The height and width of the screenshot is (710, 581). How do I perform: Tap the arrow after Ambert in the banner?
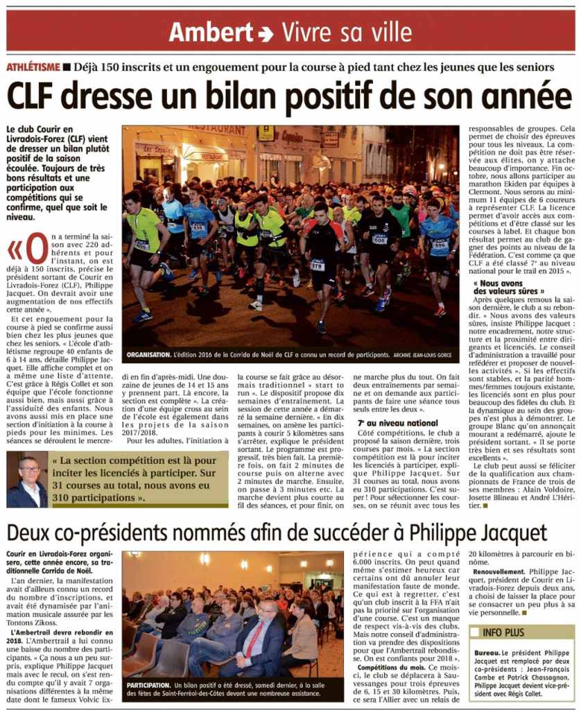pyautogui.click(x=265, y=33)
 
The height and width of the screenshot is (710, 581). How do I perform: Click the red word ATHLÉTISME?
pyautogui.click(x=32, y=67)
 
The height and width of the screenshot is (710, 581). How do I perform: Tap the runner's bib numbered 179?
pyautogui.click(x=318, y=265)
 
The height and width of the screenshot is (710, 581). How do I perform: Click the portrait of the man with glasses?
pyautogui.click(x=28, y=480)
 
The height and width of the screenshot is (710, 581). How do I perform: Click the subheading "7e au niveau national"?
pyautogui.click(x=388, y=422)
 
